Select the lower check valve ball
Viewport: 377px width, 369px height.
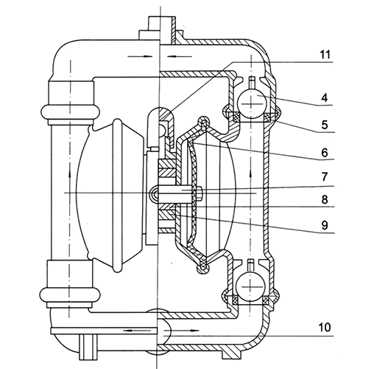252,282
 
